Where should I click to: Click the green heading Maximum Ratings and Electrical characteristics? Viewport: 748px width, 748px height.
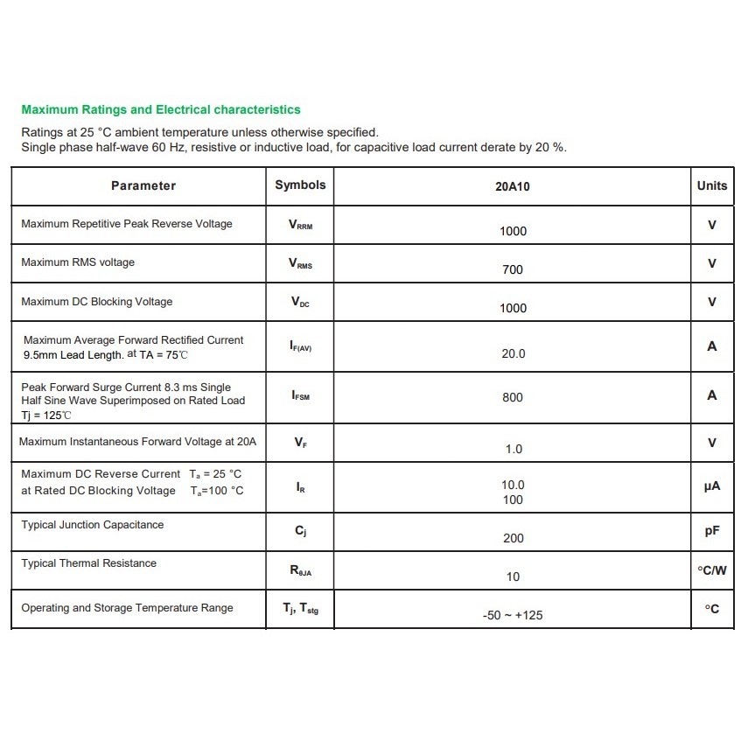[x=160, y=110]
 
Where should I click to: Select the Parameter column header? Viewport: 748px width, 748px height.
[x=143, y=185]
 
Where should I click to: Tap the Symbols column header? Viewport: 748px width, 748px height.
[x=300, y=185]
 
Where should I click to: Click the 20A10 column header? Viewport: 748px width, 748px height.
[x=513, y=186]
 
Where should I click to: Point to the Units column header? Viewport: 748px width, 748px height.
[x=712, y=185]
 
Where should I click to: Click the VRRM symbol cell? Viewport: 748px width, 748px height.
[x=300, y=225]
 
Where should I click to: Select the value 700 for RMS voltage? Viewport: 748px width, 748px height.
[x=513, y=269]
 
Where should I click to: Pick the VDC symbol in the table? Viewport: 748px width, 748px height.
[x=300, y=303]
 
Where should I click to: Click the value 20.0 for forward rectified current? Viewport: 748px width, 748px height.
[x=514, y=353]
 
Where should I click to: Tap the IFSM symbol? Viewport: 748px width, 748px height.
[x=300, y=395]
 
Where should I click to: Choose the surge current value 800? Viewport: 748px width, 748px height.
[x=513, y=397]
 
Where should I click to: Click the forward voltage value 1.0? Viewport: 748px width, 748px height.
[x=514, y=449]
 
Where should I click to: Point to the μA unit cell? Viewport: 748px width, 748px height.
[x=712, y=486]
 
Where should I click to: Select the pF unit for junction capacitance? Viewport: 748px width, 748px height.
[x=712, y=531]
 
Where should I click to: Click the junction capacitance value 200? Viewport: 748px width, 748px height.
[x=514, y=538]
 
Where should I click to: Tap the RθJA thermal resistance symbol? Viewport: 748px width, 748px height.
[x=300, y=571]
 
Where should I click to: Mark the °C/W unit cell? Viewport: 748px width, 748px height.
[x=712, y=570]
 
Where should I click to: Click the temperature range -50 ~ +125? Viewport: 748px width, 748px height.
[x=513, y=615]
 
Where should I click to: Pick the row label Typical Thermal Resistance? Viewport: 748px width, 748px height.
[x=89, y=563]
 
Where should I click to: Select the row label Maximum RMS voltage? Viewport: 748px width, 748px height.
[x=78, y=262]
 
